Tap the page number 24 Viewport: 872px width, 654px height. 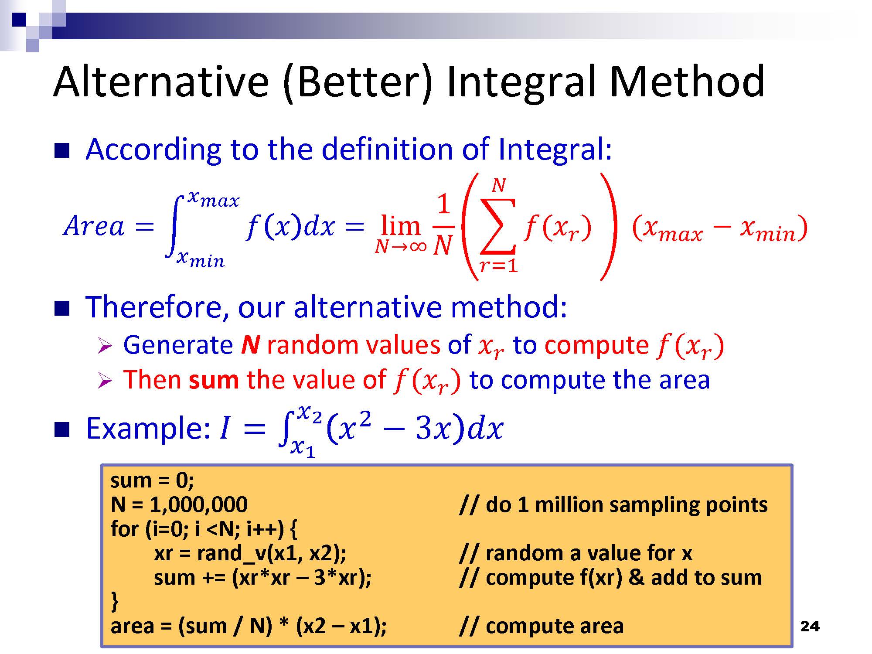tap(810, 627)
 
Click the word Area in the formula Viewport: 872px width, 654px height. tap(94, 226)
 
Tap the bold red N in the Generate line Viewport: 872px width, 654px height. tap(250, 345)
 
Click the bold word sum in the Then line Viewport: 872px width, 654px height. tap(214, 380)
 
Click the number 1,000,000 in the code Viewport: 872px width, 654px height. tap(198, 504)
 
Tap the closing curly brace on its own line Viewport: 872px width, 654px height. tap(115, 601)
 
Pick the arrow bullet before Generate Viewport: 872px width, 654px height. tap(105, 346)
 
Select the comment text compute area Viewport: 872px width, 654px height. tap(555, 627)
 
